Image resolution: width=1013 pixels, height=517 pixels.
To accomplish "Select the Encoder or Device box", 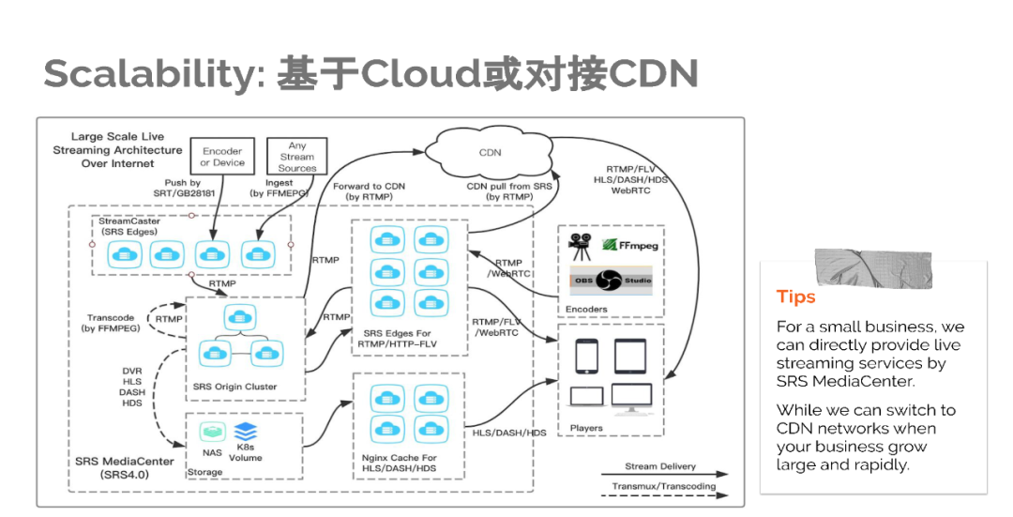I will pyautogui.click(x=221, y=157).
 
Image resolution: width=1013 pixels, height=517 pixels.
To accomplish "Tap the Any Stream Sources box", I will pyautogui.click(x=296, y=157).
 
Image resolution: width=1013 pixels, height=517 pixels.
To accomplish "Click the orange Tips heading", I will pyautogui.click(x=795, y=297).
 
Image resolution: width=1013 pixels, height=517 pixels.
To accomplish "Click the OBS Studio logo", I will pyautogui.click(x=611, y=280).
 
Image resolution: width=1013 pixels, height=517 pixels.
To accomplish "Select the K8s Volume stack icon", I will pyautogui.click(x=245, y=433).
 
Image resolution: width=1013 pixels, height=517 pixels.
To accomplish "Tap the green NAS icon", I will pyautogui.click(x=212, y=431).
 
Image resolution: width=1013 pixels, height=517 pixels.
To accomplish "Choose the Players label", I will pyautogui.click(x=586, y=429).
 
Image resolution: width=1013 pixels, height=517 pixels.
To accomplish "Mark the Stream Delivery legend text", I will pyautogui.click(x=661, y=466).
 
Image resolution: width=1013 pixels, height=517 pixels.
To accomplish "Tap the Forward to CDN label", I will pyautogui.click(x=369, y=192).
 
